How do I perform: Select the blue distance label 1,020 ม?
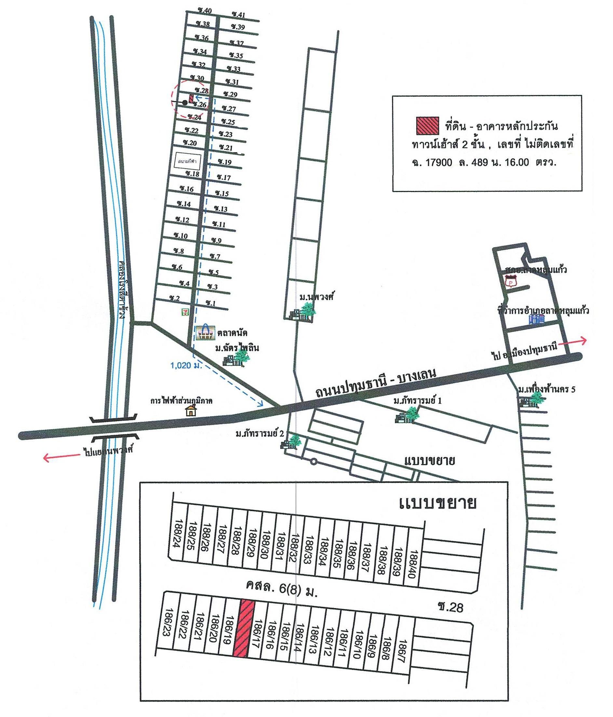pos(186,365)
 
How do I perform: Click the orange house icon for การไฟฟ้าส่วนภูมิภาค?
pos(190,411)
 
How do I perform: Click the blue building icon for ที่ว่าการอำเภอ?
pos(537,319)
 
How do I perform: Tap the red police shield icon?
pos(511,282)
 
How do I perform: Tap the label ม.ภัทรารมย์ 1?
pos(418,401)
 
